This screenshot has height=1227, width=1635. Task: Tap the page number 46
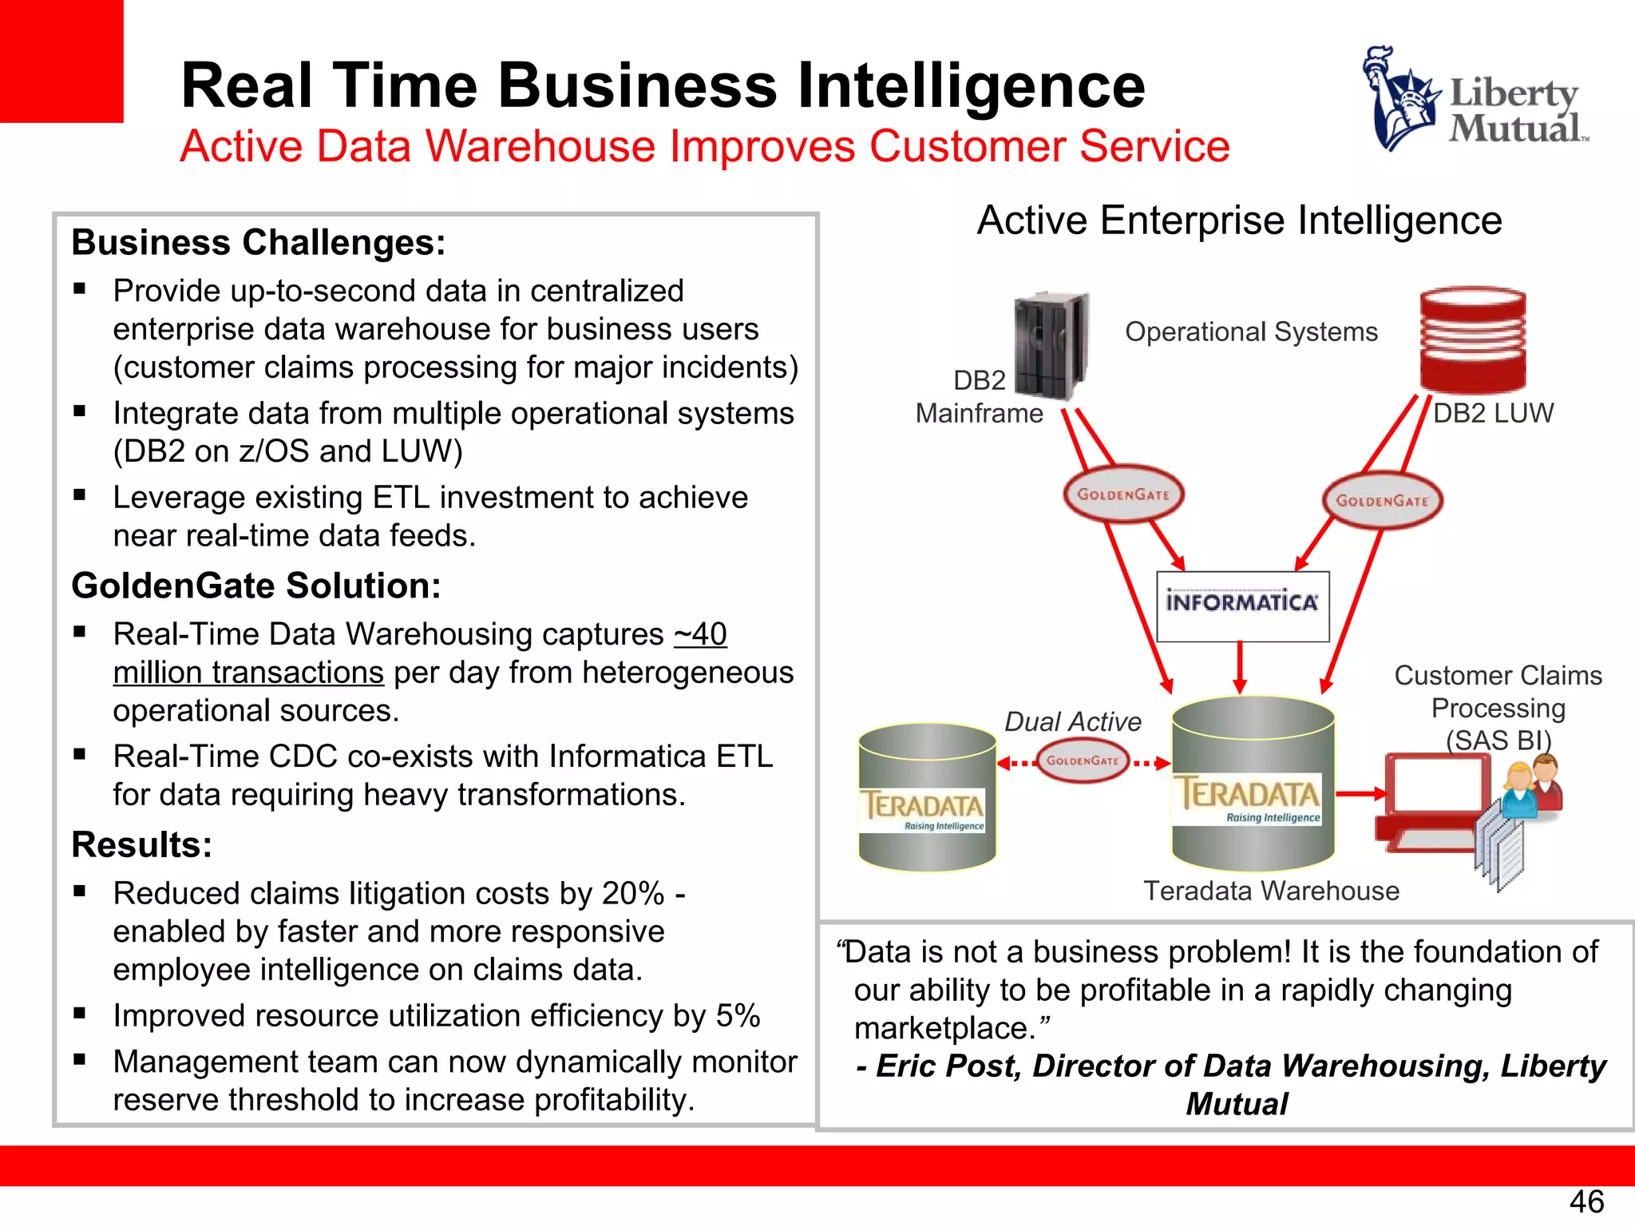tap(1586, 1201)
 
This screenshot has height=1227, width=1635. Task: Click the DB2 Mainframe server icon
tap(1051, 345)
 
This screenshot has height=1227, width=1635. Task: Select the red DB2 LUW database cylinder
tap(1473, 340)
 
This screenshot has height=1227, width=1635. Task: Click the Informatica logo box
tap(1242, 606)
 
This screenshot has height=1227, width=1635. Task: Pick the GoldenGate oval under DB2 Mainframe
tap(1123, 494)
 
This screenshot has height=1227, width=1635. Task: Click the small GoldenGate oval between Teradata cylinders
tap(1083, 760)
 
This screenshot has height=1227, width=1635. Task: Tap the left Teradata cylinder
tap(926, 796)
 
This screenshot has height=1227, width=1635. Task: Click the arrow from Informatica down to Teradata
tap(1240, 667)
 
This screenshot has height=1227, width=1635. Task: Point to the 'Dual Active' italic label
tap(1072, 721)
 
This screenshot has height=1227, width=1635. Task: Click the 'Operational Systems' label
tap(1251, 332)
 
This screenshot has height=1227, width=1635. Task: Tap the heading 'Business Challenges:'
tap(258, 242)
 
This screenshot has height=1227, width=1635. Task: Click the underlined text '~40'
tap(700, 634)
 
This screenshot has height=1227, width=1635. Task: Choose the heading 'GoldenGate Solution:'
tap(255, 586)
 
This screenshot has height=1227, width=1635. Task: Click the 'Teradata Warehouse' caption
tap(1271, 891)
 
